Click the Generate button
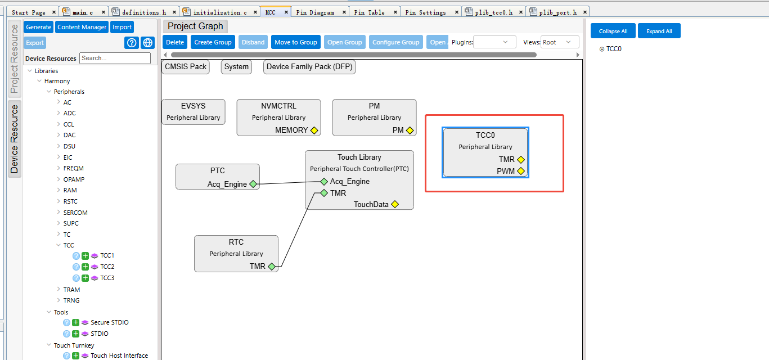coord(38,27)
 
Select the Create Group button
coord(213,42)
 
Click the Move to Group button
coord(295,42)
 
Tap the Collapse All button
coord(613,31)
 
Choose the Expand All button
coord(659,31)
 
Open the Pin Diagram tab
coord(315,12)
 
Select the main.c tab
coord(83,12)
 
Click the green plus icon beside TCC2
coord(85,267)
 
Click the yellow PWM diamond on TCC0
coord(521,171)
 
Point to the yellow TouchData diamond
coord(395,204)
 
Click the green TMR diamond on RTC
coord(272,266)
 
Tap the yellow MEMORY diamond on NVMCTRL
coord(314,130)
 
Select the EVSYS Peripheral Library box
coord(194,112)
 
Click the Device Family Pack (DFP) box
coord(309,66)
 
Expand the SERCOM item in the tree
coord(59,213)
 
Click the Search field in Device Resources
coord(115,58)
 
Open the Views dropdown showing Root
coord(560,42)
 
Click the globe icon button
coord(147,43)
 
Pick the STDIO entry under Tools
coord(100,334)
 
